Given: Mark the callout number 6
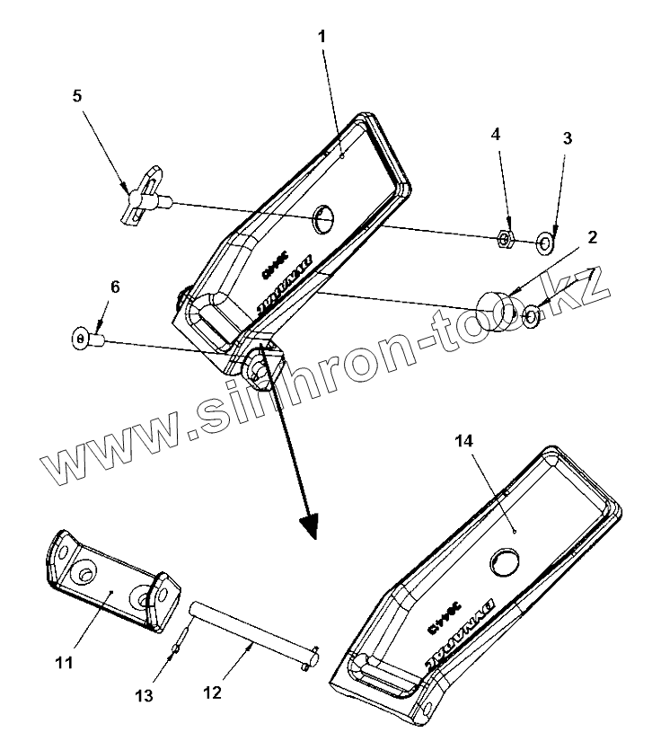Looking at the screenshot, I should [114, 287].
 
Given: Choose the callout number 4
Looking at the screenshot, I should [495, 135].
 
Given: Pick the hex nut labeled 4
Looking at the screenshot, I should [506, 239].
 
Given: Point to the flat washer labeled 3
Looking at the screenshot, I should [544, 241].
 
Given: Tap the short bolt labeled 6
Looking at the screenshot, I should [88, 340].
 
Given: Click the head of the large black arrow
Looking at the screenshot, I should [310, 528].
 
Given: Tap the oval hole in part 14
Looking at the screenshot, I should [504, 562].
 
